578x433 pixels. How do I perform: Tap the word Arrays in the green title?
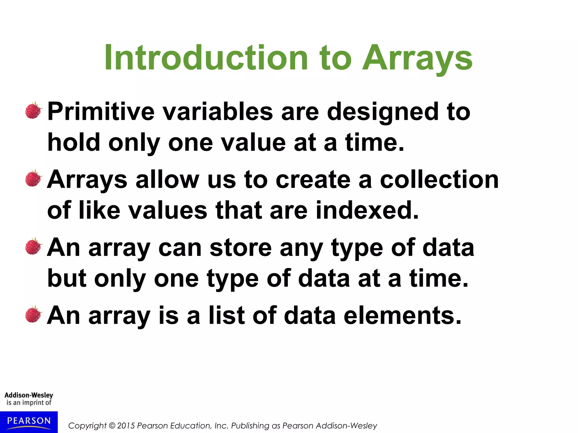click(x=417, y=58)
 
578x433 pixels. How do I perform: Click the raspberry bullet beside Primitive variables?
click(x=33, y=111)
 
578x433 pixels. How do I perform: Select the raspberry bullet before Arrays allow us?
click(x=33, y=178)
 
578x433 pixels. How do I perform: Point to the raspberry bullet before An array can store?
click(x=33, y=246)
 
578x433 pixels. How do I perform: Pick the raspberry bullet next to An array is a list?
click(x=33, y=314)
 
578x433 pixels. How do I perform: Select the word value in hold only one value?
click(x=253, y=143)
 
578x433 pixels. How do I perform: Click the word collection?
click(x=439, y=180)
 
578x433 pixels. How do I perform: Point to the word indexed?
click(x=367, y=210)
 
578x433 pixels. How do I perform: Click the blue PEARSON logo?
click(x=29, y=422)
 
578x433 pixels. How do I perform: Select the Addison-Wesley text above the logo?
click(x=29, y=395)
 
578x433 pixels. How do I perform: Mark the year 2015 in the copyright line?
click(x=126, y=426)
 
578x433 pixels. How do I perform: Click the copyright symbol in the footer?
click(x=112, y=426)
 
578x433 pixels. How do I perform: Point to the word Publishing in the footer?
click(x=250, y=426)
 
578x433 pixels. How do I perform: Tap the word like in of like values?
click(x=99, y=210)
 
